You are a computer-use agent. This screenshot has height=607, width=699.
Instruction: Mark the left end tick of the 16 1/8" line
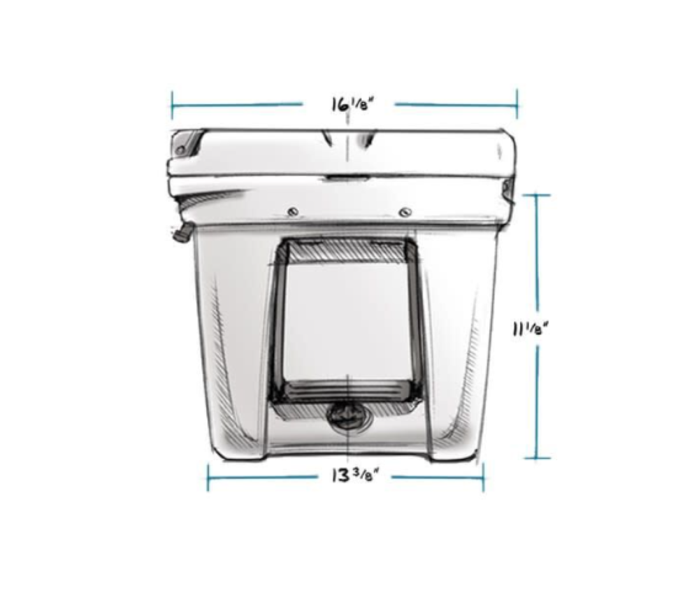pyautogui.click(x=172, y=105)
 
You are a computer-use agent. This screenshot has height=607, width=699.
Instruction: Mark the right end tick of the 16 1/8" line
pyautogui.click(x=517, y=105)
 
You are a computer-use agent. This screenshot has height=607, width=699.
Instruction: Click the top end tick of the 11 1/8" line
pyautogui.click(x=537, y=195)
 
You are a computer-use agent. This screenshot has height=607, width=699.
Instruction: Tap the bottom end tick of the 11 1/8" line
pyautogui.click(x=537, y=459)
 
